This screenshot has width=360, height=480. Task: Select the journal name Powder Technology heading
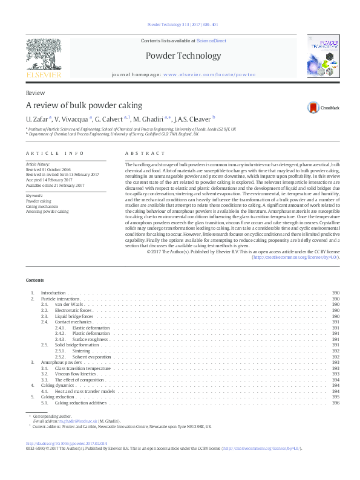click(183, 56)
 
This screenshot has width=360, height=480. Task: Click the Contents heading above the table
click(34, 281)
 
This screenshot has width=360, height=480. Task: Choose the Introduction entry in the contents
click(53, 293)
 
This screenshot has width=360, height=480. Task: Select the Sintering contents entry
click(81, 350)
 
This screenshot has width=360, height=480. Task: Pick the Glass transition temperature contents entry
click(83, 368)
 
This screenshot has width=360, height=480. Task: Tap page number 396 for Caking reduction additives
click(336, 403)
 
